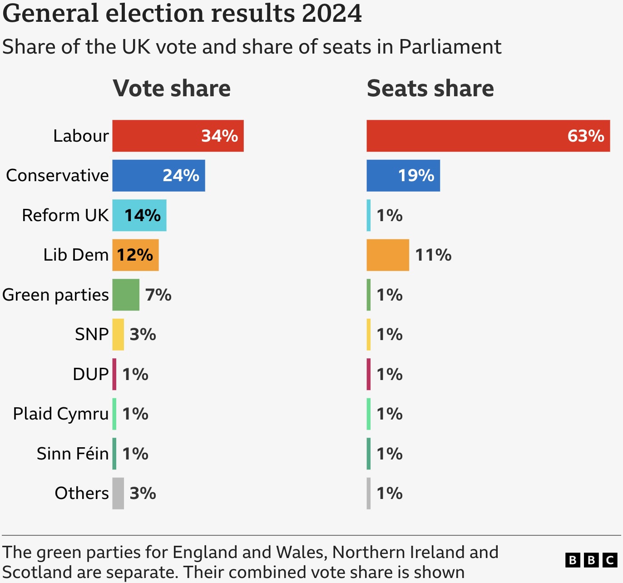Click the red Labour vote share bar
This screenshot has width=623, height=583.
(178, 136)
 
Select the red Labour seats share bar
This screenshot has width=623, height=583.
(488, 136)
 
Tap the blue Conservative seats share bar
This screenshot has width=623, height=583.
(403, 175)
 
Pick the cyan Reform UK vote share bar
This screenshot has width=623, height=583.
(139, 215)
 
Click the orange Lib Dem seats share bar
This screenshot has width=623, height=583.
(387, 255)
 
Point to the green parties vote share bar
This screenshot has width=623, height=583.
(126, 295)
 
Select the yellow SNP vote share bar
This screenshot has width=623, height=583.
(118, 334)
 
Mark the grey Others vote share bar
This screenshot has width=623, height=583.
(118, 493)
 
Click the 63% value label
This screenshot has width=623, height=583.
(585, 136)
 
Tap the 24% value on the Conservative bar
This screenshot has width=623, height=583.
(181, 175)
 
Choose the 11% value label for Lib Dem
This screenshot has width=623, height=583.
(433, 255)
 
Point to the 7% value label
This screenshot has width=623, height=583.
(158, 295)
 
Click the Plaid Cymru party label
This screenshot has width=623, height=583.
(61, 414)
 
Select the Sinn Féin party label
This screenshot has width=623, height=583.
(73, 453)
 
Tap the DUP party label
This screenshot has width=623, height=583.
(91, 374)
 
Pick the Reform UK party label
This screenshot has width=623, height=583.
(65, 215)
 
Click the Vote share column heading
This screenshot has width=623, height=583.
(172, 88)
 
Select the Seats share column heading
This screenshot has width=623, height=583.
(430, 88)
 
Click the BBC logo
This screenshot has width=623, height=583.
(591, 560)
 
